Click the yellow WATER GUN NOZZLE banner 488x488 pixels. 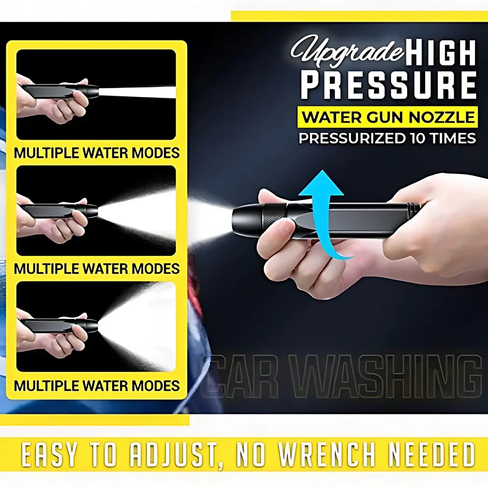tap(388, 117)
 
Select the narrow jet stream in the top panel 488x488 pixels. tap(137, 92)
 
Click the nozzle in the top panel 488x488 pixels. tap(61, 91)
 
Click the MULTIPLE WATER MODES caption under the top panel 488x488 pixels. tap(97, 153)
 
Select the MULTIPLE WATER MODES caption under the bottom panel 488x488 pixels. tap(97, 385)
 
